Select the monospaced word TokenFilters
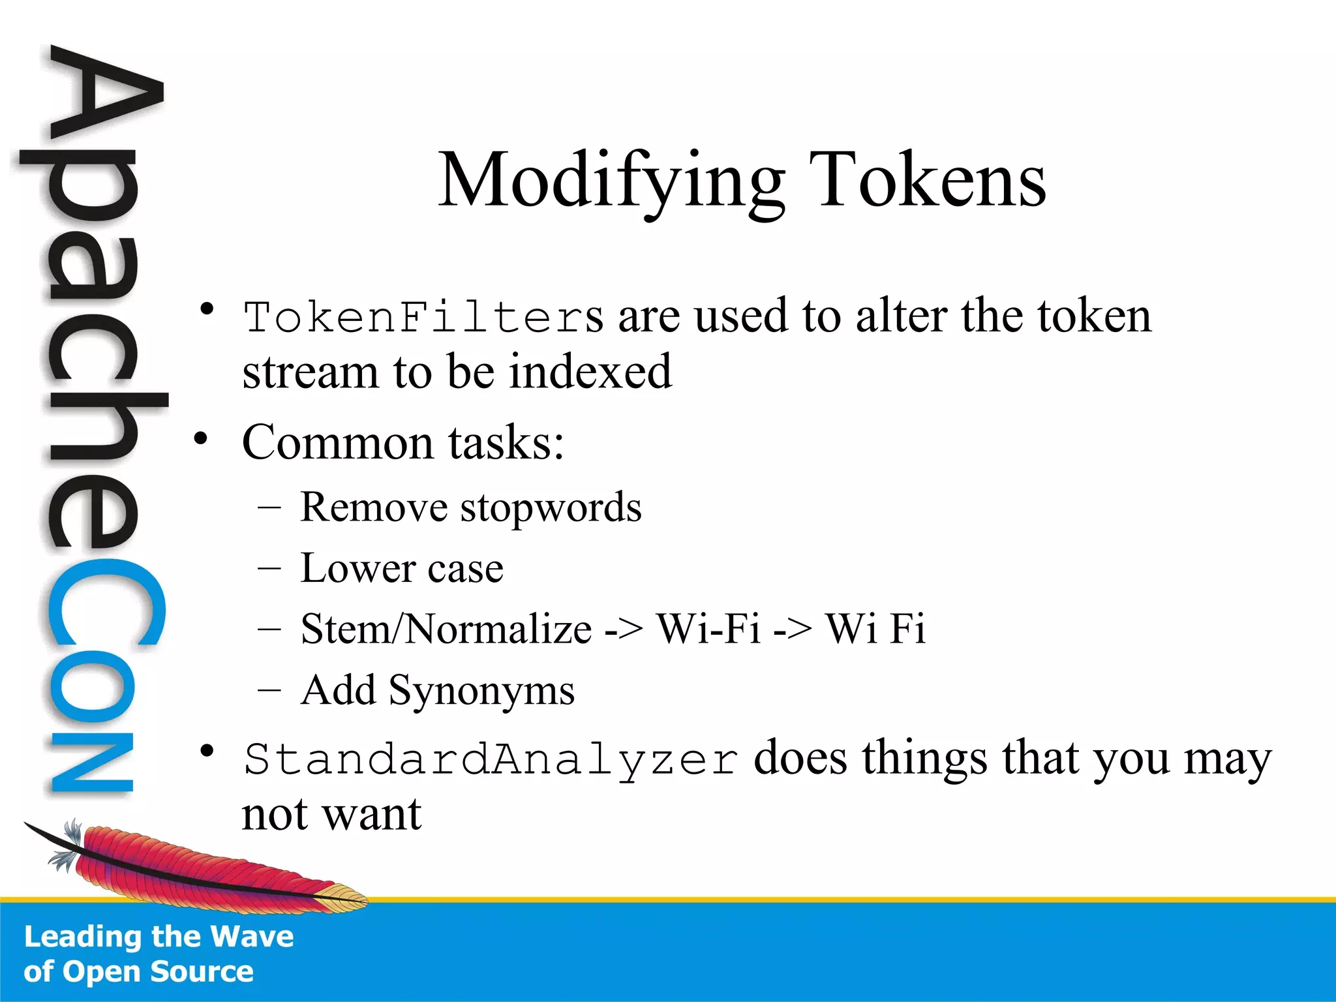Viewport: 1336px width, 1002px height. [423, 318]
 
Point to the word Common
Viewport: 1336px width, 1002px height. [338, 443]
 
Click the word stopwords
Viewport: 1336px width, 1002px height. [551, 508]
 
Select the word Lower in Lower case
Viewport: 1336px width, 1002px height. [356, 568]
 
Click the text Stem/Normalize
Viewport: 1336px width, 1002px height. [446, 630]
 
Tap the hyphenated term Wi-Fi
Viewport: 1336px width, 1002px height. [708, 630]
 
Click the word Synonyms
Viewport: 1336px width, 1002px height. [481, 691]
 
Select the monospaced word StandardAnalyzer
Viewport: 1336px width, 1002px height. [491, 760]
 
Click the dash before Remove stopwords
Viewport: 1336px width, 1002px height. [269, 508]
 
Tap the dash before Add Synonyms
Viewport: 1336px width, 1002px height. [269, 690]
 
